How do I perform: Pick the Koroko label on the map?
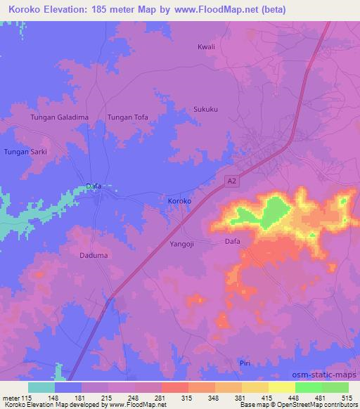point(180,202)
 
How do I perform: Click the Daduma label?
point(94,255)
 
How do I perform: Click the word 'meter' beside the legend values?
point(11,397)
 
